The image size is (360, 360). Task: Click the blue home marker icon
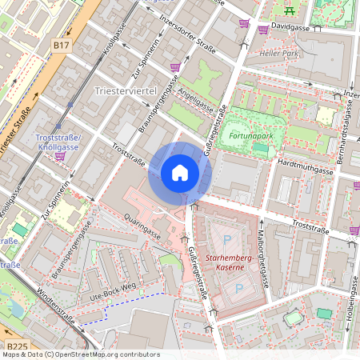(180, 173)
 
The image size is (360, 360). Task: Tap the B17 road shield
(62, 46)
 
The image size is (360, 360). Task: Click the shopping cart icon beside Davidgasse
(263, 30)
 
